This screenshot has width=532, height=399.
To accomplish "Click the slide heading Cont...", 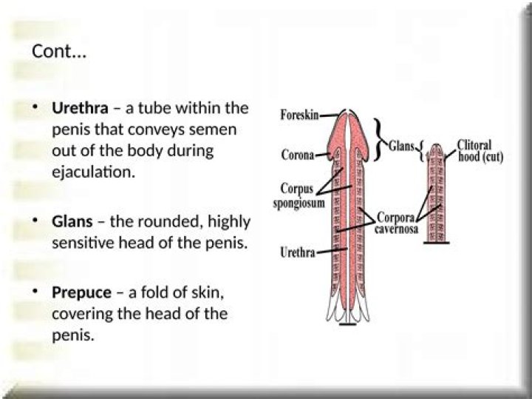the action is pyautogui.click(x=59, y=52).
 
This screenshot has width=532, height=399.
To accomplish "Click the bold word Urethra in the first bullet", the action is pyautogui.click(x=80, y=108).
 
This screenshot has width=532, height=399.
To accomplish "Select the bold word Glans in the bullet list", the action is pyautogui.click(x=72, y=221).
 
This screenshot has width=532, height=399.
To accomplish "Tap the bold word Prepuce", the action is pyautogui.click(x=81, y=293).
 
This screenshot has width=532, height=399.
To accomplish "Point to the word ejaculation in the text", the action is pyautogui.click(x=93, y=172).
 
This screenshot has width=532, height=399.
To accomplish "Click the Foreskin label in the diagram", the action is pyautogui.click(x=299, y=115).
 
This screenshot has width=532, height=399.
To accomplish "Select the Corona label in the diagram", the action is pyautogui.click(x=298, y=155).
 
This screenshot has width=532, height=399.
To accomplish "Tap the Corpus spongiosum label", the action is pyautogui.click(x=299, y=196).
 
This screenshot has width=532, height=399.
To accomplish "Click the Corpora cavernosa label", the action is pyautogui.click(x=396, y=223).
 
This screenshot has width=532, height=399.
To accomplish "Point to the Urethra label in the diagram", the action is pyautogui.click(x=298, y=252).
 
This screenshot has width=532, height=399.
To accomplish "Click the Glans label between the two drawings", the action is pyautogui.click(x=402, y=147).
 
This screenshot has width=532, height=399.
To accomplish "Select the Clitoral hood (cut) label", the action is pyautogui.click(x=480, y=150).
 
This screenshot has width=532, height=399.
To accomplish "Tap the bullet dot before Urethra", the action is pyautogui.click(x=34, y=107).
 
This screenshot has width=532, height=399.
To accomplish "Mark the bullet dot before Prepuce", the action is pyautogui.click(x=34, y=292).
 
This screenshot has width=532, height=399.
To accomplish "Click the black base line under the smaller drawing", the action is pyautogui.click(x=437, y=243).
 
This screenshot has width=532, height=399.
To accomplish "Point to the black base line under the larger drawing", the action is pyautogui.click(x=348, y=324).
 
